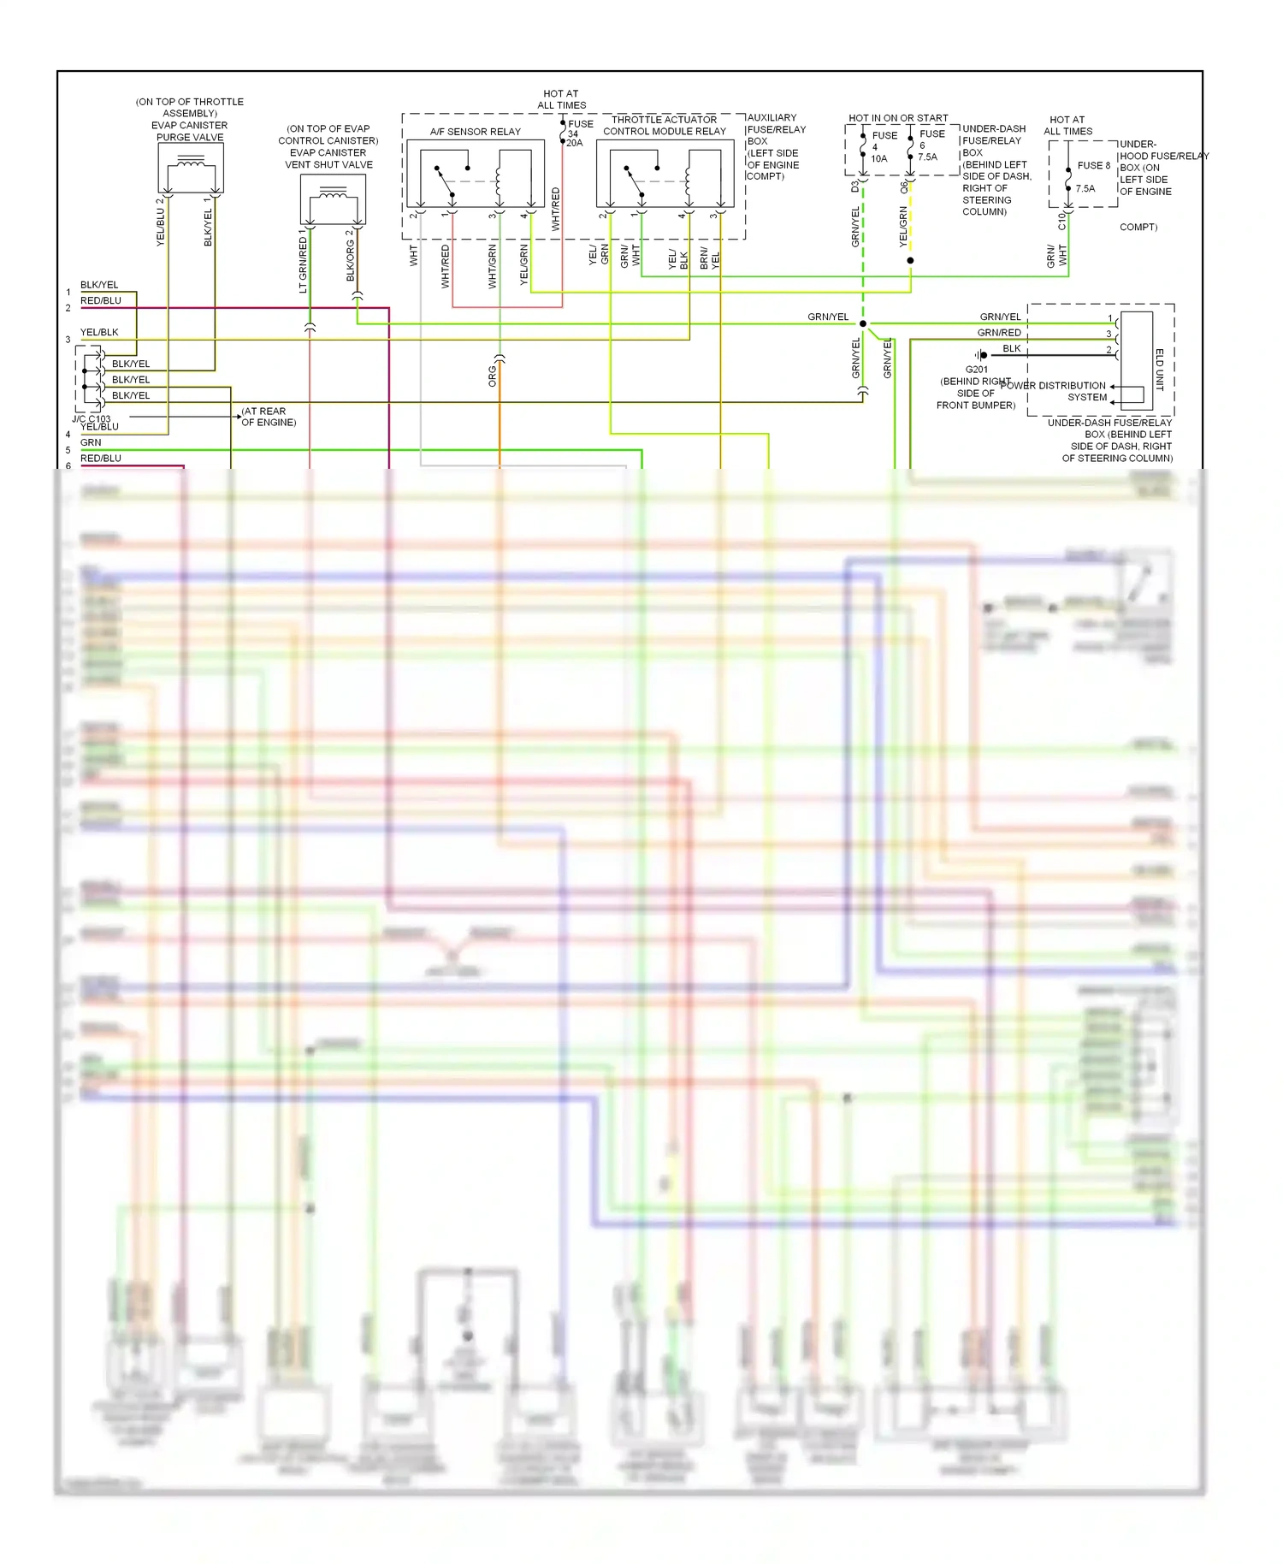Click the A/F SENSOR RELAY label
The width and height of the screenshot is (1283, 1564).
pyautogui.click(x=475, y=132)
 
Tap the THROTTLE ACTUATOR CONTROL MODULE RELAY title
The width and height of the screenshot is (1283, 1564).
pyautogui.click(x=665, y=126)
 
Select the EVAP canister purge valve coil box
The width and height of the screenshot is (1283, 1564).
pyautogui.click(x=191, y=168)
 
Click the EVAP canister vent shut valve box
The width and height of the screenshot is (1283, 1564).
pyautogui.click(x=333, y=199)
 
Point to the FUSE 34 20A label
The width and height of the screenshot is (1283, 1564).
pyautogui.click(x=578, y=133)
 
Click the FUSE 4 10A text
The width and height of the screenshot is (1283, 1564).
pyautogui.click(x=882, y=147)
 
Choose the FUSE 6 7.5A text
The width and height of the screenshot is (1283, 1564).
pyautogui.click(x=930, y=145)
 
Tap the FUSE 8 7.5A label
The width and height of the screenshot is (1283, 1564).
pyautogui.click(x=1091, y=176)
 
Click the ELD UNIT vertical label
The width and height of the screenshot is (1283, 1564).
pyautogui.click(x=1160, y=370)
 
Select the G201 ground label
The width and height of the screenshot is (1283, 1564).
pyautogui.click(x=976, y=370)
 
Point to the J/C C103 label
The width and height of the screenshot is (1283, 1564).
pyautogui.click(x=91, y=419)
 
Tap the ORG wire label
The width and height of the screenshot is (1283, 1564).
pyautogui.click(x=493, y=376)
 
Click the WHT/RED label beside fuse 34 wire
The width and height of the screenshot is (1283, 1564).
pyautogui.click(x=556, y=209)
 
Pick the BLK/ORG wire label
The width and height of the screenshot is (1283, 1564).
pyautogui.click(x=351, y=257)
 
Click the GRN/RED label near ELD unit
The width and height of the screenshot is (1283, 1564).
pyautogui.click(x=999, y=333)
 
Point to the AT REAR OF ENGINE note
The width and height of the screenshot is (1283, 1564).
pyautogui.click(x=269, y=417)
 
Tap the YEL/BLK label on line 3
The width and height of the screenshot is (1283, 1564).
pyautogui.click(x=99, y=332)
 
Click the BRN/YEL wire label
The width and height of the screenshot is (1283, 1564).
pyautogui.click(x=710, y=258)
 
